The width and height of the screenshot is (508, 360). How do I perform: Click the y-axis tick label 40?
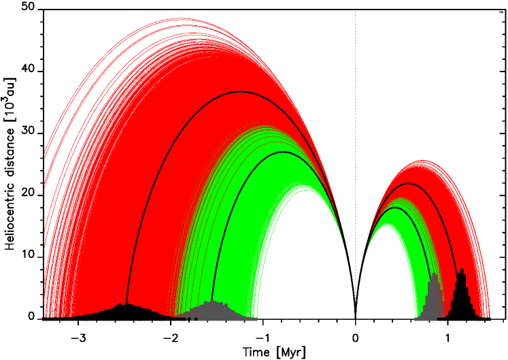coord(29,71)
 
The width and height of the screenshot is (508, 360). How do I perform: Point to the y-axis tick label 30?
coord(29,133)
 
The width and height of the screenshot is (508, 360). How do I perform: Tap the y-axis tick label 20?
coord(29,195)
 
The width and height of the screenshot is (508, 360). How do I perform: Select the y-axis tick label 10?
coord(29,257)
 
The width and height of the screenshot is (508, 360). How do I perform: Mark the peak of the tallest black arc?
coord(241,91)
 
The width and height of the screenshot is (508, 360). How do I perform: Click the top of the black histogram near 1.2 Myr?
coord(462,269)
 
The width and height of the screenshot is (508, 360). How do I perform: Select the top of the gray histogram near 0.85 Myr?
coord(434,274)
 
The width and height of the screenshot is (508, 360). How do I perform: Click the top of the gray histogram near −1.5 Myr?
coord(213,301)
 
